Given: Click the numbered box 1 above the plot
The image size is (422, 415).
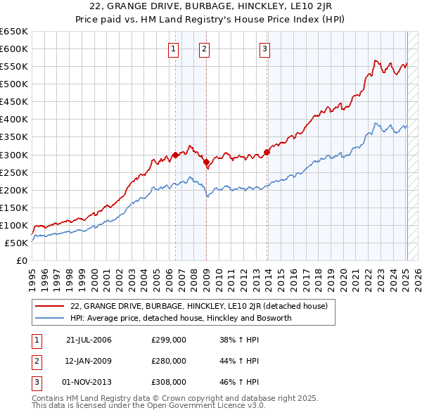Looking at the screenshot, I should pos(173,49).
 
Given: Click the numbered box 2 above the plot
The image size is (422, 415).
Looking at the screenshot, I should pos(204,49).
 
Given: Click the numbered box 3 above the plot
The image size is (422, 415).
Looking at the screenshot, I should pos(264,49).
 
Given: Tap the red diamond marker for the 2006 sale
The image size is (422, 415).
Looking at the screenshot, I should pos(175,155).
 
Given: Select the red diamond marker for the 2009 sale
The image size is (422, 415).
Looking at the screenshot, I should pos(207,162).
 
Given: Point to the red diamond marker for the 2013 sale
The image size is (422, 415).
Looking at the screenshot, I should pos(267,152).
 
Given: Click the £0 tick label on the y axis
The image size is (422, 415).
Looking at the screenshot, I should pos(21,260).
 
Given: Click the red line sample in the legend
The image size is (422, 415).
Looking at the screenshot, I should pos(51,306).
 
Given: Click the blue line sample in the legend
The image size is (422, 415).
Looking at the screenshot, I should pos(51,318).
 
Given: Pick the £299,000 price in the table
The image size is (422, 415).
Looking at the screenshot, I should pos(169,340).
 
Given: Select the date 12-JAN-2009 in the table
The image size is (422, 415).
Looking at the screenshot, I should pos(89,361).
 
